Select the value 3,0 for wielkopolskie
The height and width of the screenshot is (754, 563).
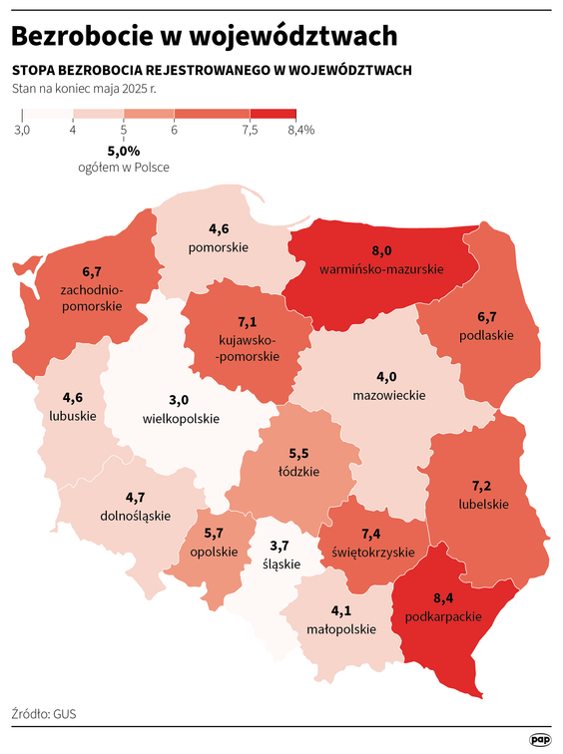coord(180,400)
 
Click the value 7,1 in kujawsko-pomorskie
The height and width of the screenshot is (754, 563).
coord(248,323)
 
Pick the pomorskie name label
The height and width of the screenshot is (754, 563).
coord(219,246)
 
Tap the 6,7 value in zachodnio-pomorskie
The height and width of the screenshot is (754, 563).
coord(92,271)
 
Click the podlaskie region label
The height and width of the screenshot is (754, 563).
coord(486,335)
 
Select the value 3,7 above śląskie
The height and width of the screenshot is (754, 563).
coord(281,546)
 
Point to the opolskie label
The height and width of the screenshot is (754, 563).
coord(214,552)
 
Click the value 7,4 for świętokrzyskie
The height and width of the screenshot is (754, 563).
coord(372,534)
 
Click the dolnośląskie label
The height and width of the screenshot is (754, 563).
coord(136,516)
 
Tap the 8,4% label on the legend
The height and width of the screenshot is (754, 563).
coord(300,130)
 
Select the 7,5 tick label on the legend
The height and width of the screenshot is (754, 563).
coord(250,130)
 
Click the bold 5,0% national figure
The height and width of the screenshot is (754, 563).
coord(124,151)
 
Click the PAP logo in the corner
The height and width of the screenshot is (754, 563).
coord(540,739)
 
